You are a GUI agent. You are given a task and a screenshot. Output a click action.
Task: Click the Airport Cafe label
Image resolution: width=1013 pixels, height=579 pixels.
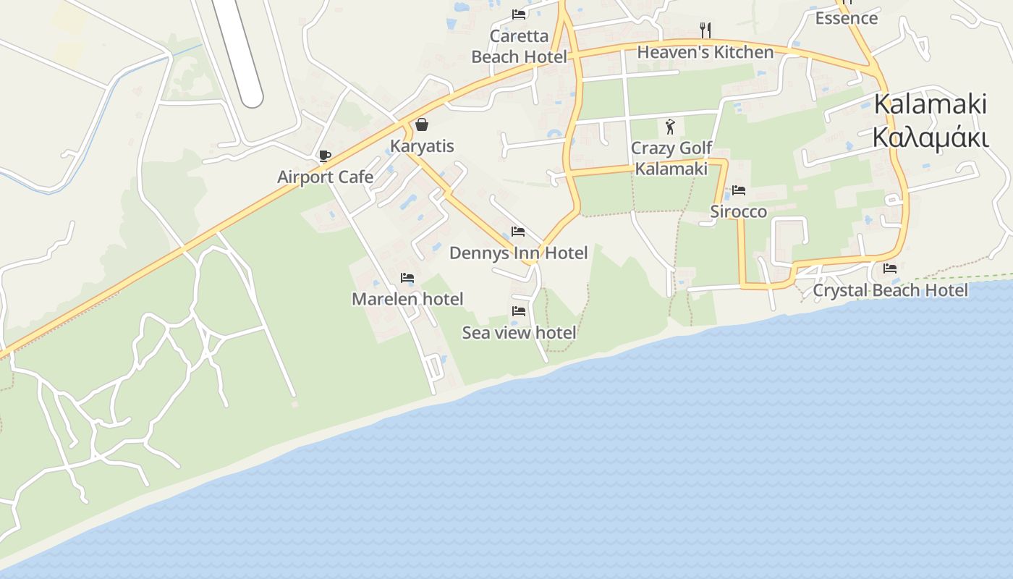pos(326,177)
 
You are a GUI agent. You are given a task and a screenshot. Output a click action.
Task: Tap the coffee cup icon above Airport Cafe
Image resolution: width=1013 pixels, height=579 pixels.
pos(324,156)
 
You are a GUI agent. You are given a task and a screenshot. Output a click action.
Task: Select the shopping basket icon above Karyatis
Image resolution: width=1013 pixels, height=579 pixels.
pos(422,124)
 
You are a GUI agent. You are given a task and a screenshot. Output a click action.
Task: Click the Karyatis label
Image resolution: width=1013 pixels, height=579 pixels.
pos(422,146)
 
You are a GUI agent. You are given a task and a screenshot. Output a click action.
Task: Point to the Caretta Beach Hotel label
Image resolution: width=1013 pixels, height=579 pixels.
pos(519,46)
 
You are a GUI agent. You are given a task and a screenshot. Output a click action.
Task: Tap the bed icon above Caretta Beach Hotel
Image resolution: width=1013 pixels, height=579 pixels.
pos(518,14)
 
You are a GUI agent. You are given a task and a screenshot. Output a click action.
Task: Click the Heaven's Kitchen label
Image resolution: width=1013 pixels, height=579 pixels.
pos(705,52)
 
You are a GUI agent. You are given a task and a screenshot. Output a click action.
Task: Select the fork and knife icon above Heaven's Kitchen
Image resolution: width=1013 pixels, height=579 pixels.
pos(705,30)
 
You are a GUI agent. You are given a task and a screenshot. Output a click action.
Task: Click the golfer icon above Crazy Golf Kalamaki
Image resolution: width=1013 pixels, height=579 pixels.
pos(670,127)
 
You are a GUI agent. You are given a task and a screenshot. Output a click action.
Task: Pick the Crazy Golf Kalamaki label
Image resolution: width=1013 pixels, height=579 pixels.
pos(671,159)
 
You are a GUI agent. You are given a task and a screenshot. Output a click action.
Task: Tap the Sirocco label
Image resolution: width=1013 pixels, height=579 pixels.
pos(738,211)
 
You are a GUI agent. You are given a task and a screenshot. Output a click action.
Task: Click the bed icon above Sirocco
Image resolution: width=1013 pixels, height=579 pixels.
pos(738,190)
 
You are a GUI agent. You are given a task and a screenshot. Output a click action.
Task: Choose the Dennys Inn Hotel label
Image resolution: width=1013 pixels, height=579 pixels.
pos(518,253)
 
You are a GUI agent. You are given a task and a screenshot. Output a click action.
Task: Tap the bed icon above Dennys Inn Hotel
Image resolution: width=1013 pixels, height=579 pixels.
pos(518,232)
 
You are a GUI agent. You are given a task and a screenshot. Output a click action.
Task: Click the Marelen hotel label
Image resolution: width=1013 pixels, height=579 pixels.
pos(407,299)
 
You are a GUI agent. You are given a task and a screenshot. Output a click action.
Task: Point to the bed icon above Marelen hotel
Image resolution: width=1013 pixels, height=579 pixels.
pos(407,278)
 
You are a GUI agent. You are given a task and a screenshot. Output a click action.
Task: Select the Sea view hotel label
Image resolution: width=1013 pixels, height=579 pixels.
pos(519,333)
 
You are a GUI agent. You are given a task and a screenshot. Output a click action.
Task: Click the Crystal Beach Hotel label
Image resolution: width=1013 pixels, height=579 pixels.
pos(890,290)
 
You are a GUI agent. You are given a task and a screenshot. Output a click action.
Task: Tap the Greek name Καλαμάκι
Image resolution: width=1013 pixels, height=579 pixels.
pos(930,137)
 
